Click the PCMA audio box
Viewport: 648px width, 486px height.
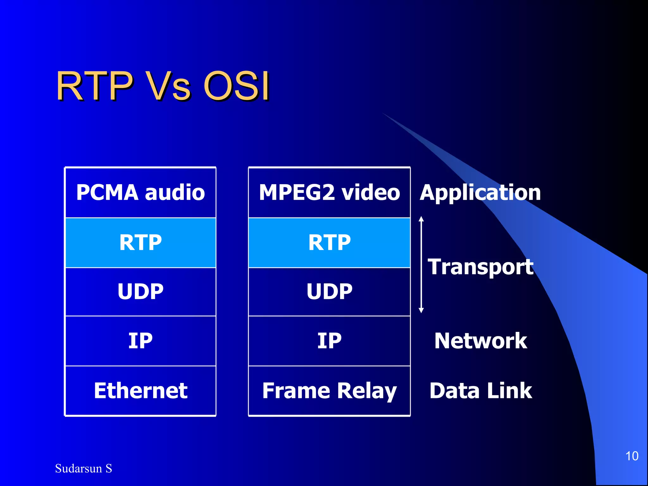point(140,192)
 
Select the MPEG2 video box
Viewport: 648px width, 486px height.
point(329,192)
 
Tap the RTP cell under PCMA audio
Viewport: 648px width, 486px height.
point(140,243)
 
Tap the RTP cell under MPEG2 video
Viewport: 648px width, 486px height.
point(329,243)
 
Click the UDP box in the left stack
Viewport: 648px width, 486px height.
point(140,291)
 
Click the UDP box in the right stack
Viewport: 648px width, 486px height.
point(329,291)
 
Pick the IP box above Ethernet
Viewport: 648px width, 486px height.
point(140,341)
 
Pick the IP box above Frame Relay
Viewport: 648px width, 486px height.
point(329,341)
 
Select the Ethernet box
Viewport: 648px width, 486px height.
point(140,390)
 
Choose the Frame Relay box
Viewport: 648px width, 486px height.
point(329,390)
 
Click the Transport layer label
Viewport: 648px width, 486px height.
point(481,267)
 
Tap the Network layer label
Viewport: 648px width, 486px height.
point(481,341)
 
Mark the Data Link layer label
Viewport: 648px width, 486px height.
point(481,390)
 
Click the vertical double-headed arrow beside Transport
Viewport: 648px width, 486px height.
point(421,265)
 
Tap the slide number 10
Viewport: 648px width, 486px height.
point(632,456)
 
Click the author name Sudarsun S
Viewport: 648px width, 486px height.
point(84,468)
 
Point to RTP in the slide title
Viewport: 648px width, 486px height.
point(95,86)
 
